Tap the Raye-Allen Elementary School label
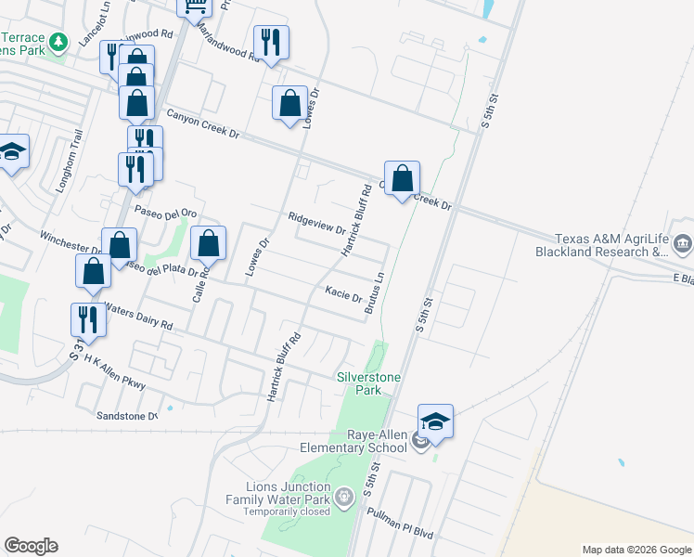[377, 441]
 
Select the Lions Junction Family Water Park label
[288, 493]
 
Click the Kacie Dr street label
[343, 294]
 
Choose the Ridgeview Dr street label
[316, 223]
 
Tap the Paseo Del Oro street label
[166, 212]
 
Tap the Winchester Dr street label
[71, 243]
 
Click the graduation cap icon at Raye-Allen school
[435, 421]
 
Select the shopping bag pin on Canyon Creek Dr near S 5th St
[402, 176]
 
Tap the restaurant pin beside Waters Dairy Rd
[88, 318]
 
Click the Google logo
[31, 546]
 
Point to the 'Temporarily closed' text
[287, 512]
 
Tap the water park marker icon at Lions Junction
[344, 499]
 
